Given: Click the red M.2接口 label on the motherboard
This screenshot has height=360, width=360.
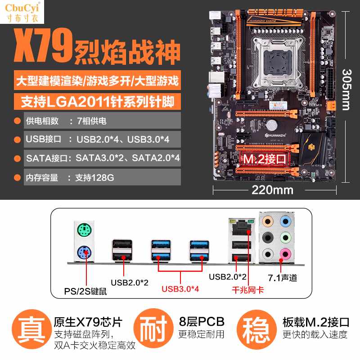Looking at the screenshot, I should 265,158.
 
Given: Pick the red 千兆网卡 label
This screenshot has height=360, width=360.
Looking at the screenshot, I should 248,290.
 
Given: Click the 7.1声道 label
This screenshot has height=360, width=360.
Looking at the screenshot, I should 283,278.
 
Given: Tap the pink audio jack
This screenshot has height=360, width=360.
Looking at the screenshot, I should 284,253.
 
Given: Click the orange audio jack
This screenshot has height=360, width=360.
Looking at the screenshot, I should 268,221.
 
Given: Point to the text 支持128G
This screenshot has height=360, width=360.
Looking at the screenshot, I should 94,178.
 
